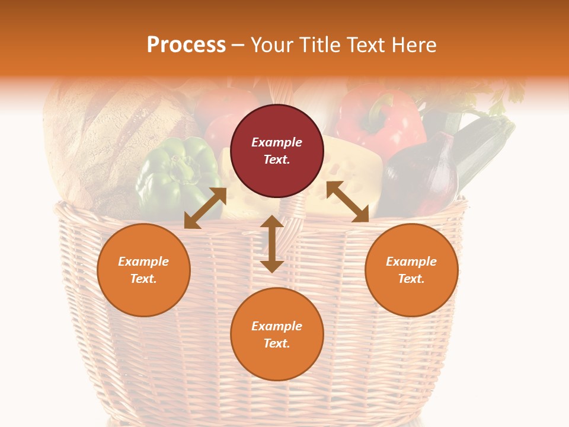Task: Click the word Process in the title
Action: (x=186, y=45)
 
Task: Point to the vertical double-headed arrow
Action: (x=272, y=244)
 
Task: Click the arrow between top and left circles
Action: (x=205, y=208)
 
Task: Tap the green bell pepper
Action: (x=172, y=175)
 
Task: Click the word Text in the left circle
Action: (x=143, y=279)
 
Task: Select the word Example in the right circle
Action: (x=411, y=262)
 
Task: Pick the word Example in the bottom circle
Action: (x=277, y=326)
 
